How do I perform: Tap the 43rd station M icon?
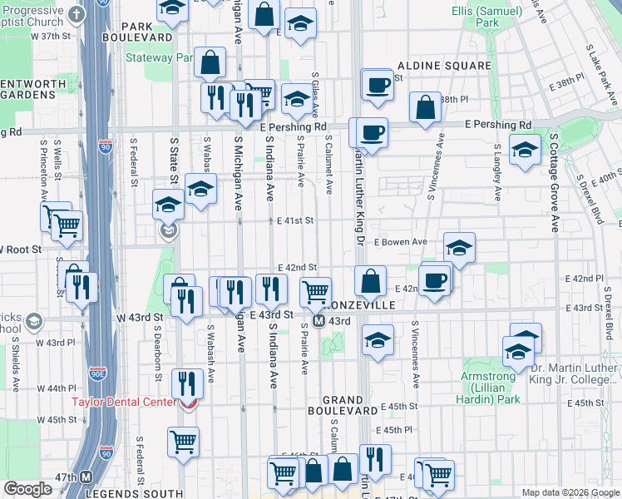(318, 321)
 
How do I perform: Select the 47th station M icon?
(86, 477)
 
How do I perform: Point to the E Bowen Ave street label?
(400, 242)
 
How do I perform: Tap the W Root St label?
(18, 248)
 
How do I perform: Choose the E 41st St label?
(295, 220)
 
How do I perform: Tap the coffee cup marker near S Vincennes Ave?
(435, 280)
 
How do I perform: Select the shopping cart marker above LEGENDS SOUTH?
(183, 442)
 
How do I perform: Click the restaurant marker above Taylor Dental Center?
(187, 383)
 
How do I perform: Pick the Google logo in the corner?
(27, 489)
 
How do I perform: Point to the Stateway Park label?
(158, 58)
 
